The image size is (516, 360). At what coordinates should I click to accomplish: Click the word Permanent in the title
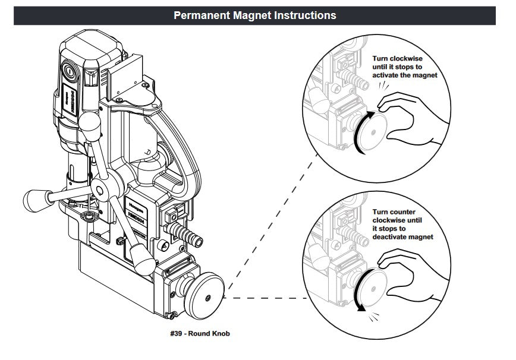[x=200, y=15]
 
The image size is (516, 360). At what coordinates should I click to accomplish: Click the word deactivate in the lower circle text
[x=397, y=236]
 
